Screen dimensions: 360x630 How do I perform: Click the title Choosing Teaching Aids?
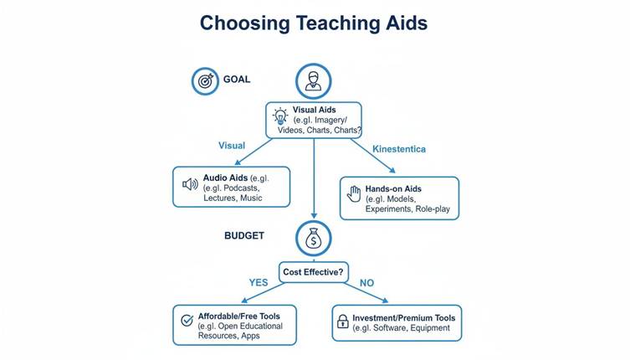(x=314, y=23)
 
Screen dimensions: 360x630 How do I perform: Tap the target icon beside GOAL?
(x=204, y=80)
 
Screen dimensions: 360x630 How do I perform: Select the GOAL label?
(x=237, y=80)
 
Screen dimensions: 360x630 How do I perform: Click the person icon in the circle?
(x=313, y=80)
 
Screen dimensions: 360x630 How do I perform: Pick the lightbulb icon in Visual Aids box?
(x=280, y=117)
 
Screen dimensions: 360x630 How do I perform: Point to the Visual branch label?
(x=232, y=146)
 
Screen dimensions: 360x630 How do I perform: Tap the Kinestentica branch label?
(x=399, y=149)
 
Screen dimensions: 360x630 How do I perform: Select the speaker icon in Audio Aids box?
(x=190, y=184)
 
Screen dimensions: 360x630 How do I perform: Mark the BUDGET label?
(x=244, y=236)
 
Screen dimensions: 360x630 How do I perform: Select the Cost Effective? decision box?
(x=314, y=272)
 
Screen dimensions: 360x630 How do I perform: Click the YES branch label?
(x=259, y=283)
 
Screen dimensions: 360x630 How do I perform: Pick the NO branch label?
(x=366, y=283)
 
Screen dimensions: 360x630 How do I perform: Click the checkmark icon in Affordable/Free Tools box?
(x=187, y=321)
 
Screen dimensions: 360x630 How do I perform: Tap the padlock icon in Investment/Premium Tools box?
(x=343, y=321)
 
